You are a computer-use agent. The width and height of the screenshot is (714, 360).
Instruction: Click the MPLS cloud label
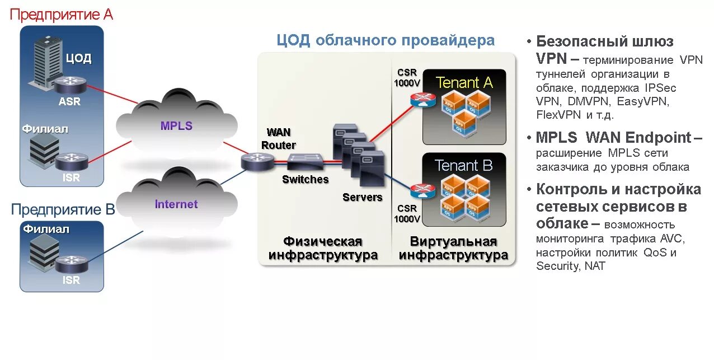176,126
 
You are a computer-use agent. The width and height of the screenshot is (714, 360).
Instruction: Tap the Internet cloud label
176,204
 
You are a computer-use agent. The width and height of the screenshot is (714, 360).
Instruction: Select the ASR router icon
71,86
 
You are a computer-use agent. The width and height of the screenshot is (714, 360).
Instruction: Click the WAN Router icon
257,162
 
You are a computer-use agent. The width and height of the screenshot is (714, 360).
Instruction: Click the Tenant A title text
464,83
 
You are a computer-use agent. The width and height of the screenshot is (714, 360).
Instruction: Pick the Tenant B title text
464,166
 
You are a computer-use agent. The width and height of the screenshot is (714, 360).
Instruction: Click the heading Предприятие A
62,14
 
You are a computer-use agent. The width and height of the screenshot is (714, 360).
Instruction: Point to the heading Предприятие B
63,210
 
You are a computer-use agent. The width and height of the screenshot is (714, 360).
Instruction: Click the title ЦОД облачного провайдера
386,40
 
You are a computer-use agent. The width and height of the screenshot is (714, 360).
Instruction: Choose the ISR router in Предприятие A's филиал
71,161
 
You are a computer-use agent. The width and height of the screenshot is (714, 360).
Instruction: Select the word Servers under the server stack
363,197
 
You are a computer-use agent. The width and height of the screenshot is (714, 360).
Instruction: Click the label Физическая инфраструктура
323,249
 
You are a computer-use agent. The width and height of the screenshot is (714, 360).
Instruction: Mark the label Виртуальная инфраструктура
453,249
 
